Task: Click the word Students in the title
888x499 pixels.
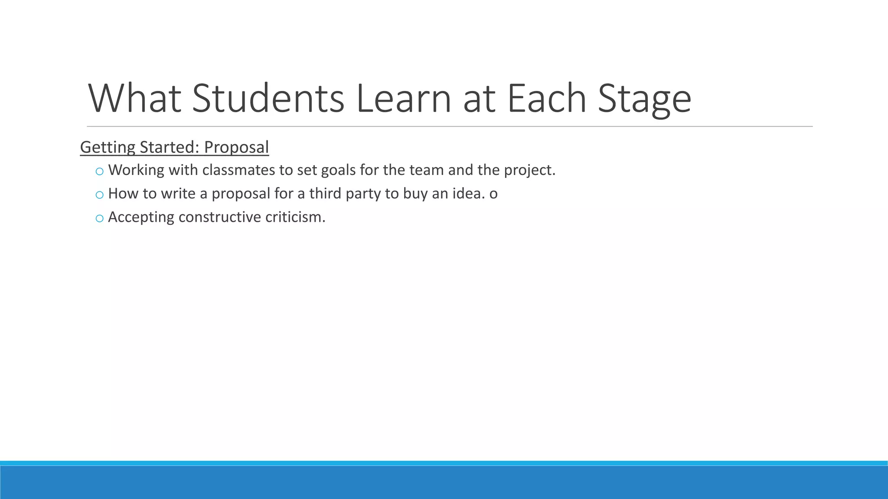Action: point(268,98)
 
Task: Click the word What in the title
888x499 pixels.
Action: point(134,98)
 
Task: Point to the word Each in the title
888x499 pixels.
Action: point(546,98)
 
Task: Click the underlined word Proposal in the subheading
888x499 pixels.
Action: point(236,148)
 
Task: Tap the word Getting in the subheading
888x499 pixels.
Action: point(108,148)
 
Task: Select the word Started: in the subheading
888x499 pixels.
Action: point(170,147)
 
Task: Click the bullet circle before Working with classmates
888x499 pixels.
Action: point(99,172)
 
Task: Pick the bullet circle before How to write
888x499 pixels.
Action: point(99,195)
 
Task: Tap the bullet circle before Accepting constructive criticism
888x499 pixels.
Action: point(99,218)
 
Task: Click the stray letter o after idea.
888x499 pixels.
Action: point(493,194)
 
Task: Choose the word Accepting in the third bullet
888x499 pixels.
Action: point(141,217)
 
